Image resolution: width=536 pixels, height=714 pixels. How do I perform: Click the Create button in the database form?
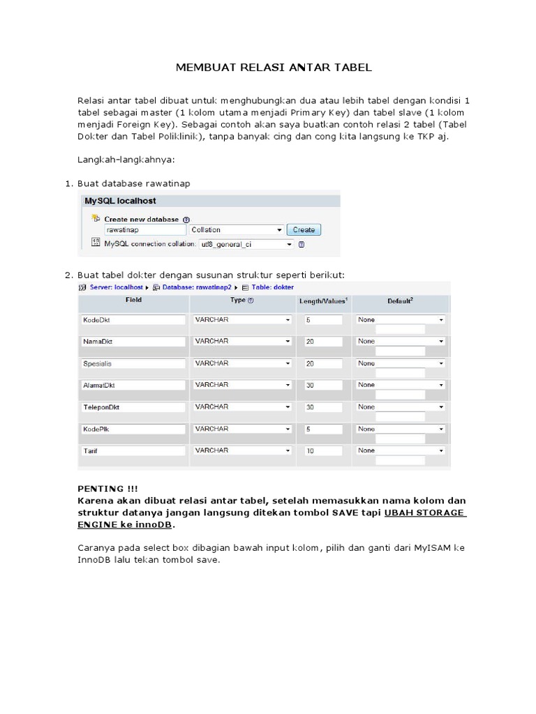(304, 229)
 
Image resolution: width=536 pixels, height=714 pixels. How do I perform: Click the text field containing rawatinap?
(144, 229)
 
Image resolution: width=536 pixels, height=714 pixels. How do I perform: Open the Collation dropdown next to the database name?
(237, 229)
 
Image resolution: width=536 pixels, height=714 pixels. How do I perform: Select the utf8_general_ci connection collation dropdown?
(246, 245)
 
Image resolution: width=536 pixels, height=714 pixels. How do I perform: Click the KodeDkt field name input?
(133, 320)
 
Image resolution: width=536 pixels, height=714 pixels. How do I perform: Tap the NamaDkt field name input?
(133, 342)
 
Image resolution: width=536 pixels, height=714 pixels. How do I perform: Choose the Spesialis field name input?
(133, 364)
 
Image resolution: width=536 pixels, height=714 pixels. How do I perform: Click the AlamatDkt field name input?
(133, 385)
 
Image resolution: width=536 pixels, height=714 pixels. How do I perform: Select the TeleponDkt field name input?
(133, 407)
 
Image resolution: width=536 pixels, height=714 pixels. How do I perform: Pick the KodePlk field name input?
(133, 430)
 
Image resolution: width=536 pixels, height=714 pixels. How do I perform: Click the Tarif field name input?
(133, 451)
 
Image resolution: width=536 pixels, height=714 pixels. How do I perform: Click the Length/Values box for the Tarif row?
(323, 451)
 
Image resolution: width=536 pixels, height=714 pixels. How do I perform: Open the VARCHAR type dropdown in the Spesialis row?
(242, 363)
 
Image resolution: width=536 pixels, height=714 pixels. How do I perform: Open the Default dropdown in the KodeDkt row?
(400, 320)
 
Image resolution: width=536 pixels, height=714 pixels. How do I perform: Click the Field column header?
(133, 300)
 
